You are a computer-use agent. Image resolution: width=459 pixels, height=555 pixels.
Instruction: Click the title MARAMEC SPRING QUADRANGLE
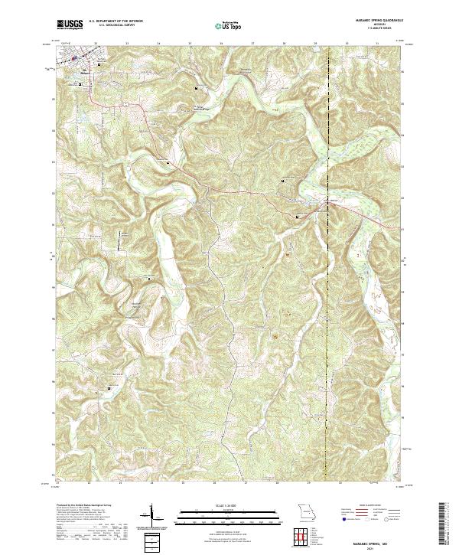[x=379, y=20]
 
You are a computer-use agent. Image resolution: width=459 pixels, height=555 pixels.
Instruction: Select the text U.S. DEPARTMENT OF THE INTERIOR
[x=116, y=20]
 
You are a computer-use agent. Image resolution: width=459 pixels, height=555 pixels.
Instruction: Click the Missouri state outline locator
[x=305, y=511]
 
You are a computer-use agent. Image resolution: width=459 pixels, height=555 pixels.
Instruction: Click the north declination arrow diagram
[x=152, y=514]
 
